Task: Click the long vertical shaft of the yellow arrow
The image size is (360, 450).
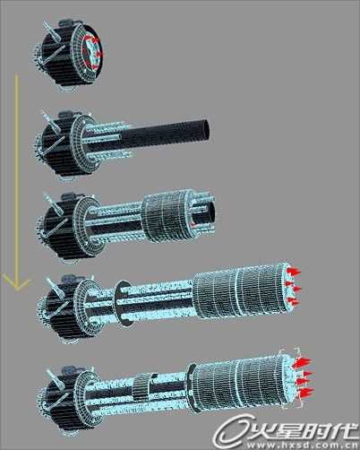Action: [x=16, y=179]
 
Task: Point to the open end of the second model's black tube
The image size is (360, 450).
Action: [x=205, y=130]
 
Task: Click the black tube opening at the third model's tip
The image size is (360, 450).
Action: [x=210, y=212]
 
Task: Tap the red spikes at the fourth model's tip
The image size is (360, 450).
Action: [x=293, y=286]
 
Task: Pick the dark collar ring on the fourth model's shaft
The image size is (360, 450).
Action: [x=121, y=302]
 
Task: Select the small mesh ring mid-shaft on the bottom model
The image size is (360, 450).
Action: [x=141, y=387]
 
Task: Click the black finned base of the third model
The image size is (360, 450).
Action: [x=60, y=227]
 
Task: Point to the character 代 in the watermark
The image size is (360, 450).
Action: [x=343, y=429]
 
